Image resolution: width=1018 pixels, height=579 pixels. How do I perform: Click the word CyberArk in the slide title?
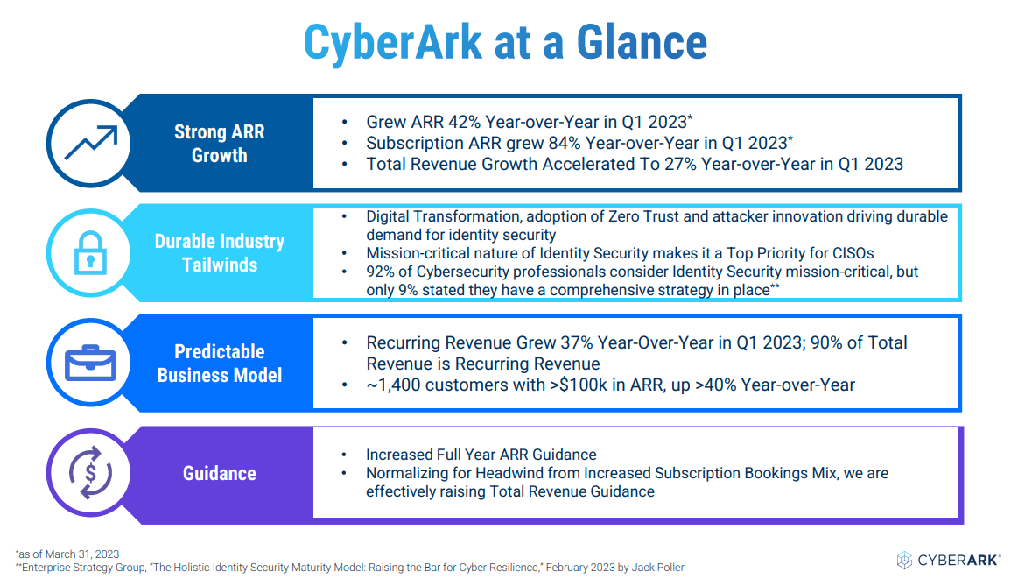[x=393, y=43]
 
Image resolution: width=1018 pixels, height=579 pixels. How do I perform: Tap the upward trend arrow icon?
[x=91, y=143]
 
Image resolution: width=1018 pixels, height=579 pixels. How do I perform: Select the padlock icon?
[x=90, y=253]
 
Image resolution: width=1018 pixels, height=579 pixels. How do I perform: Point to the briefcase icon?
[x=90, y=363]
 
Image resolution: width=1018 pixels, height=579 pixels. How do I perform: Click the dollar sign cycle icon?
[x=90, y=472]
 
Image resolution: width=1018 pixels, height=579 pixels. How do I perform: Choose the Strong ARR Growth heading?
[x=220, y=144]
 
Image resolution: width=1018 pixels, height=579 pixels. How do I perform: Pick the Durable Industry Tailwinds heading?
[x=220, y=253]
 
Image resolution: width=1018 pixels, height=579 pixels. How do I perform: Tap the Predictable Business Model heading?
[x=220, y=364]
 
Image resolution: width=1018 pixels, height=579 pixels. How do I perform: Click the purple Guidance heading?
[x=220, y=473]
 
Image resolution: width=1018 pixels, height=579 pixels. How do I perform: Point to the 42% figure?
[x=464, y=122]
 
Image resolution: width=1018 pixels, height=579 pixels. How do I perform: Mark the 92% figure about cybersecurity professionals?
[x=381, y=272]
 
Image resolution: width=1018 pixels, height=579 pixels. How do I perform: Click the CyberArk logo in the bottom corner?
[x=949, y=560]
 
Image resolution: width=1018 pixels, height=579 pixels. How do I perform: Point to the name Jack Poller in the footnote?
[x=658, y=568]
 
